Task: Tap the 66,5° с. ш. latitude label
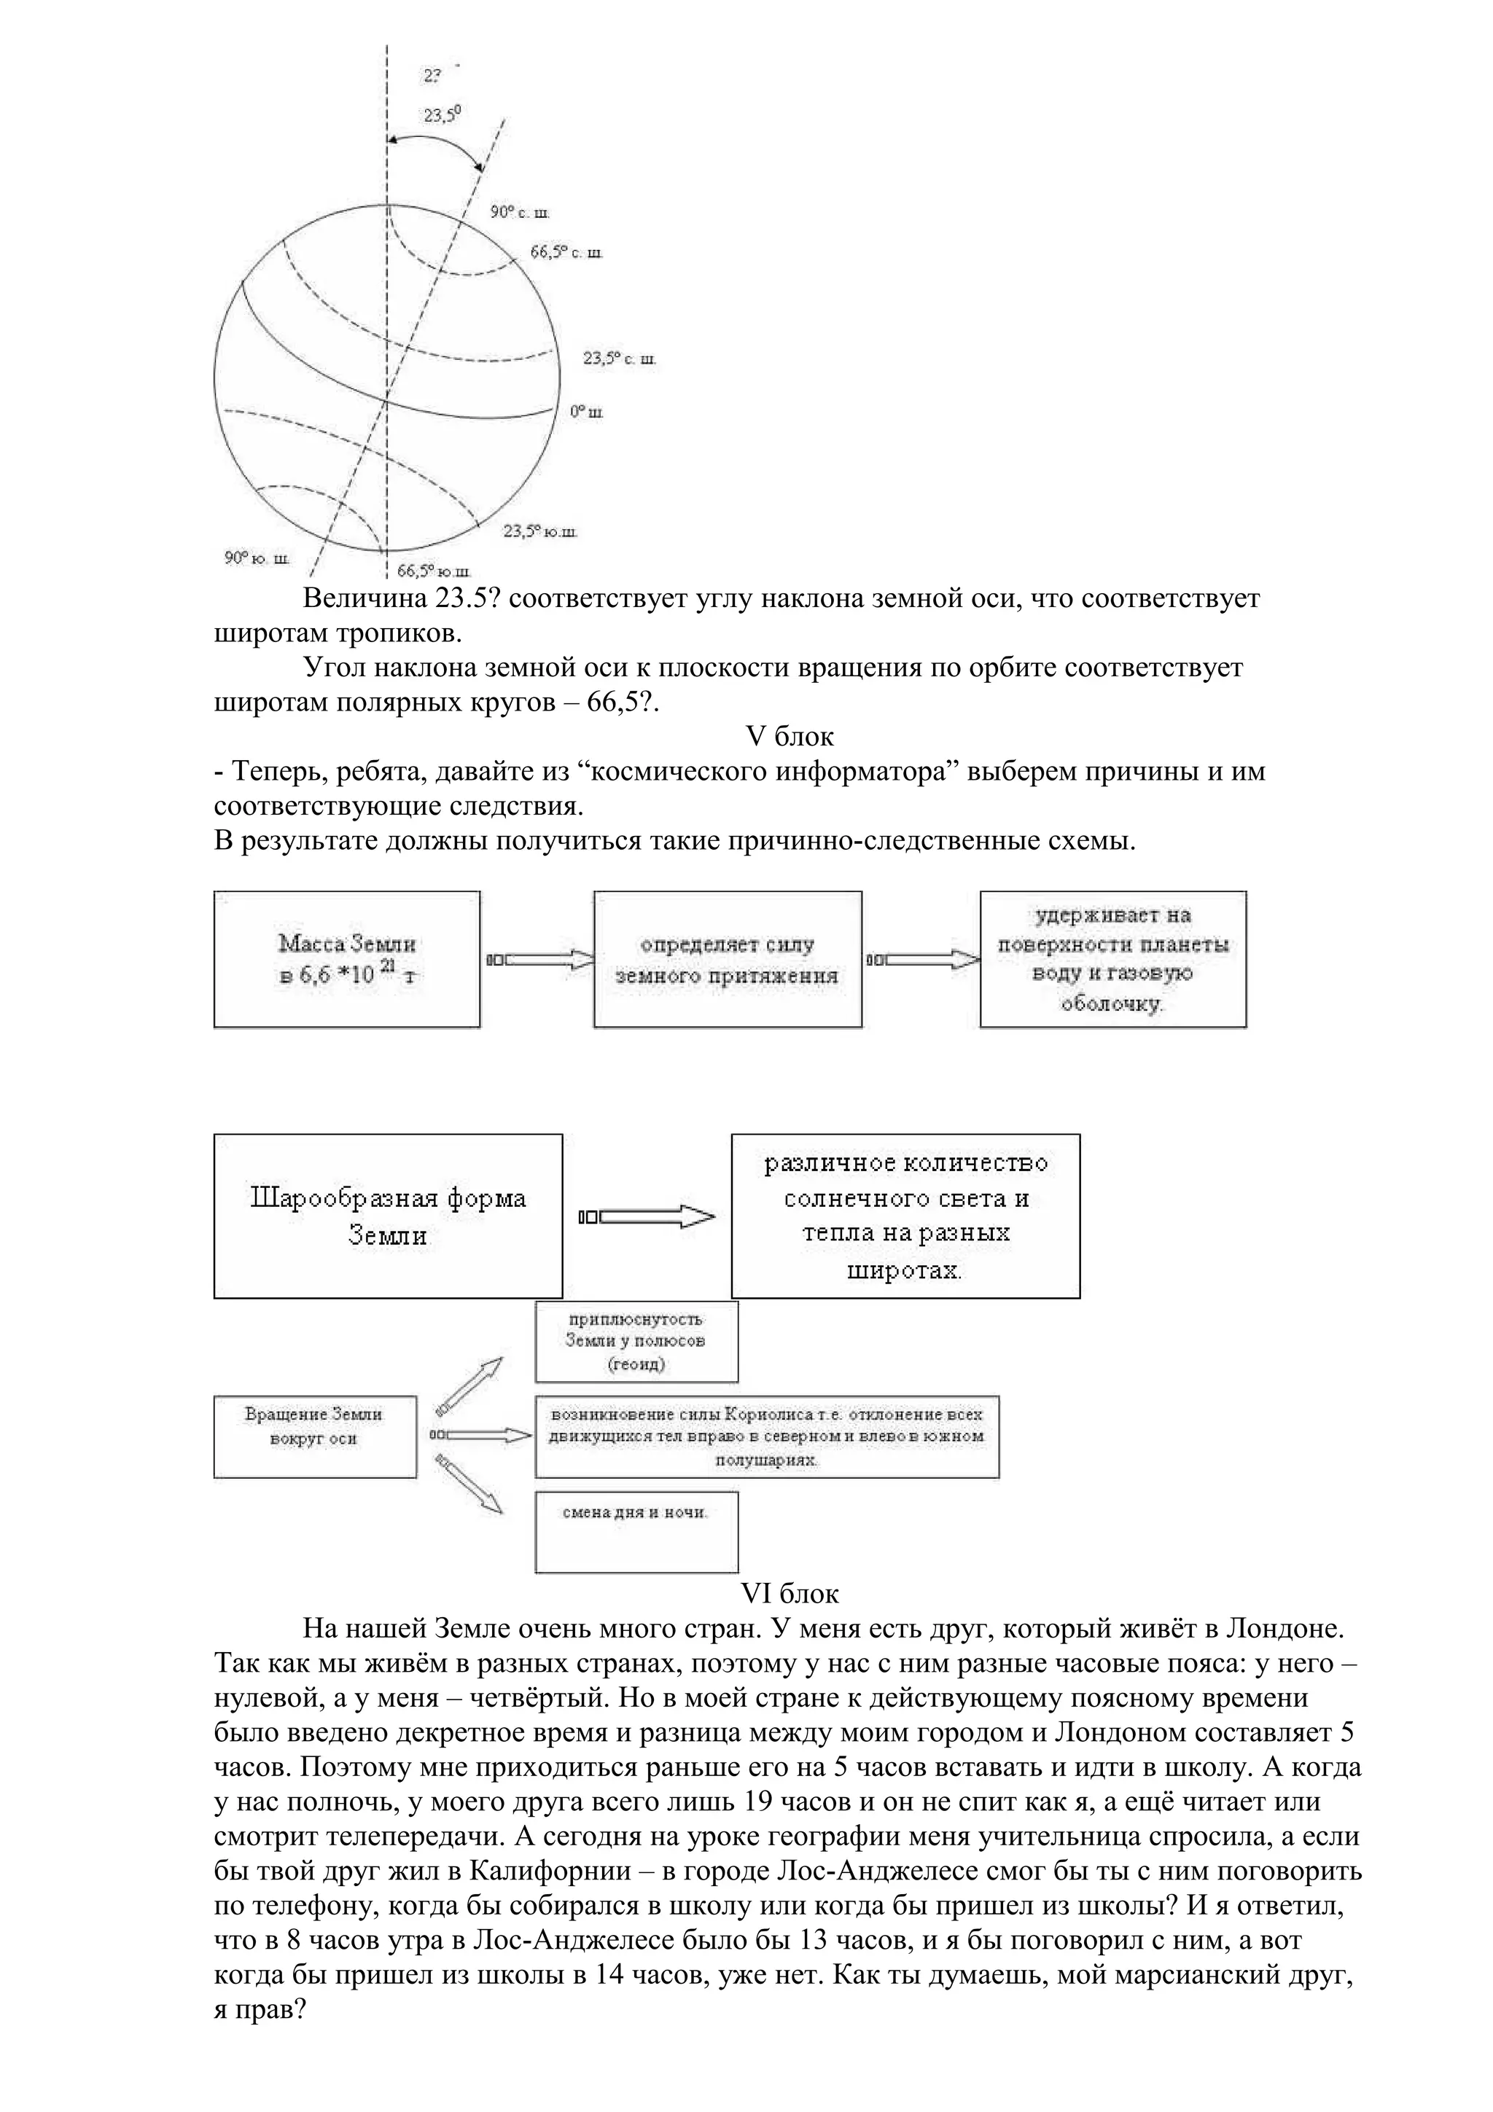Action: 566,252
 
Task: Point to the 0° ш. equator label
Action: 586,412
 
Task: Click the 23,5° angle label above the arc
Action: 442,115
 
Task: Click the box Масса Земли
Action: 347,959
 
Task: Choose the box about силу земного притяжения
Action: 727,959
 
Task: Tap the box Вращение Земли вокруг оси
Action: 315,1437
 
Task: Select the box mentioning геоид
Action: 636,1342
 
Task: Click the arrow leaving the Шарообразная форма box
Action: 647,1217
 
